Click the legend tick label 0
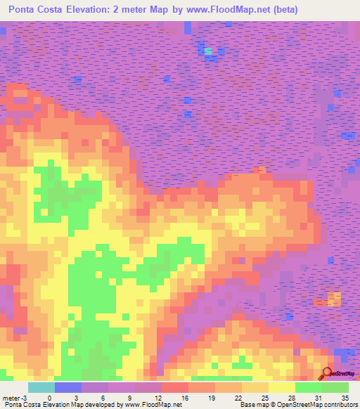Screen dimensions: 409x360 (x=49, y=397)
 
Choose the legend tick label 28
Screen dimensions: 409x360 (x=290, y=397)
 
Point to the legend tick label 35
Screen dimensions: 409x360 (x=345, y=397)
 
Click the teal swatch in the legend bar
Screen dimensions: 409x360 (x=41, y=387)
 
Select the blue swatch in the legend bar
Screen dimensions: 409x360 (x=67, y=387)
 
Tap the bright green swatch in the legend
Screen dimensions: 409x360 (x=308, y=387)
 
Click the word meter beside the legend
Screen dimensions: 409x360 (x=11, y=397)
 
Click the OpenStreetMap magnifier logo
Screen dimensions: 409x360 (x=327, y=373)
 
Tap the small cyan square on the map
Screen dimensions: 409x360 (x=208, y=51)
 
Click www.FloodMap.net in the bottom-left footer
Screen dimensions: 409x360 (x=149, y=405)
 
